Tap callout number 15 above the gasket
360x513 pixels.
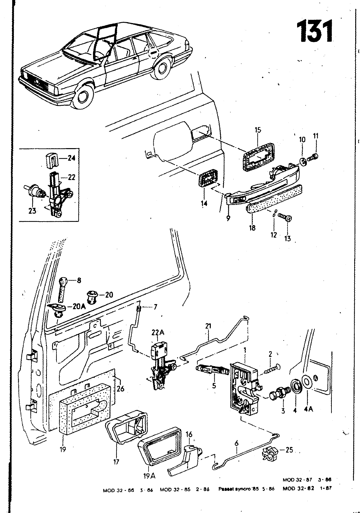[258, 130]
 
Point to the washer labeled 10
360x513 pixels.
[303, 161]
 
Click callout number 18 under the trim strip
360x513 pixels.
[252, 228]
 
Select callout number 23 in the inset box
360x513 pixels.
[32, 211]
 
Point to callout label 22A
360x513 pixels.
[158, 333]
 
